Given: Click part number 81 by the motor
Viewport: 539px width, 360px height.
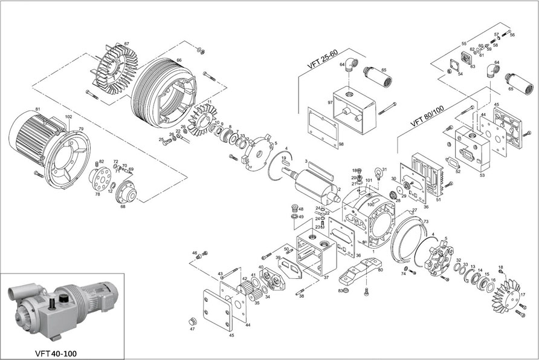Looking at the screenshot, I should (37, 109).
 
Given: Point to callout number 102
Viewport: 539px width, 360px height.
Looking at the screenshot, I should (68, 116).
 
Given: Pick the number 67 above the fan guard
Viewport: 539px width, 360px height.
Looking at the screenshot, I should (127, 44).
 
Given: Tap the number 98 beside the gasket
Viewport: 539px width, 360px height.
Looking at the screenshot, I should (341, 144).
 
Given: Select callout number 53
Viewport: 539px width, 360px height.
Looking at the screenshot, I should (482, 175).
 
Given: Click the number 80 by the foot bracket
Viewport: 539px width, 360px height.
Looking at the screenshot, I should (380, 270).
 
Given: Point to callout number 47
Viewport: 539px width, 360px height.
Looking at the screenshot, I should (192, 329).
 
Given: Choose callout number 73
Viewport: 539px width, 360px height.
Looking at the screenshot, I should (425, 222).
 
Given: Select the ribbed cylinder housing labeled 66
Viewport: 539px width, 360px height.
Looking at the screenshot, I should (163, 94).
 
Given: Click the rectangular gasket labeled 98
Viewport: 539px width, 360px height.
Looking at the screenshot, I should (321, 128).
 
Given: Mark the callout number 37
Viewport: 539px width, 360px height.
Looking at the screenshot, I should (326, 278).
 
